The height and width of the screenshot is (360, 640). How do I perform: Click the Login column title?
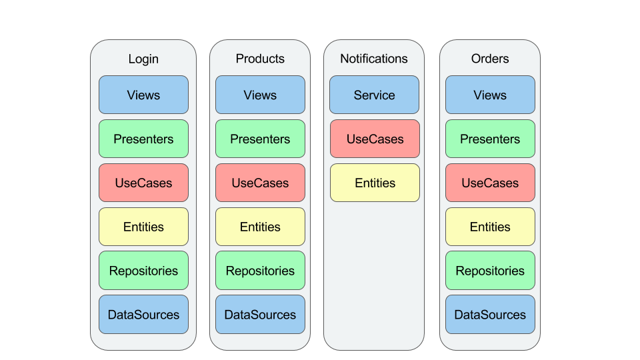(143, 59)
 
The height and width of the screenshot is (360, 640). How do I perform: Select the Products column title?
(260, 59)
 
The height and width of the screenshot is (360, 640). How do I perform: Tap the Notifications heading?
(374, 59)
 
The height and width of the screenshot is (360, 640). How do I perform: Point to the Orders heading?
(490, 59)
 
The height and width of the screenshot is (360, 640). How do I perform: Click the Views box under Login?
(144, 95)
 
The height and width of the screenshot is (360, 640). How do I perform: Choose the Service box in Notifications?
(374, 95)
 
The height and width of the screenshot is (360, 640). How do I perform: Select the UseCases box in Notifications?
(375, 139)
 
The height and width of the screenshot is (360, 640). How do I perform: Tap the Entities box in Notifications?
(375, 183)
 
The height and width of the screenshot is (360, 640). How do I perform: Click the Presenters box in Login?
(144, 139)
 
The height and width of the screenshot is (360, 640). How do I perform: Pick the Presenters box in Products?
(261, 139)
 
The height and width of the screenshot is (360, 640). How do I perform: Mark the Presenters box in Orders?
(490, 139)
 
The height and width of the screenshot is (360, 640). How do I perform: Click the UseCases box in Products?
(261, 183)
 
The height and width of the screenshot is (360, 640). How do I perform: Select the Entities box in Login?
(144, 227)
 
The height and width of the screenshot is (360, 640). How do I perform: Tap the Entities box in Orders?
(490, 227)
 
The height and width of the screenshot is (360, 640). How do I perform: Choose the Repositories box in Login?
(144, 271)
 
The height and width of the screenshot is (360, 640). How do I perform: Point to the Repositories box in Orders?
(490, 271)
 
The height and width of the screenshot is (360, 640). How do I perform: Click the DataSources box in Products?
(261, 315)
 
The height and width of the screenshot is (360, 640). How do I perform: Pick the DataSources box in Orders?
(490, 315)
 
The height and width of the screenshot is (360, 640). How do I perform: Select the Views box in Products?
(261, 95)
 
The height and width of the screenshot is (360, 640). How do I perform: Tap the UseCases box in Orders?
(490, 183)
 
